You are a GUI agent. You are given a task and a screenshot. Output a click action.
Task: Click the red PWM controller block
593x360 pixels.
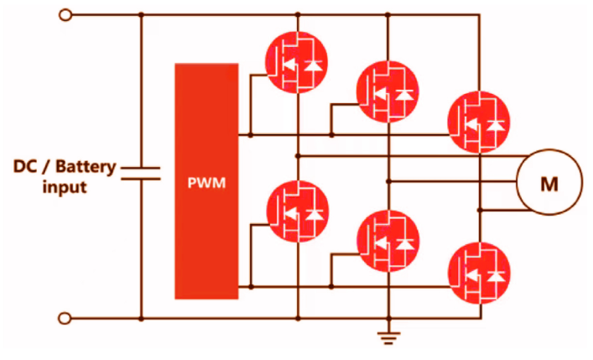pos(206,181)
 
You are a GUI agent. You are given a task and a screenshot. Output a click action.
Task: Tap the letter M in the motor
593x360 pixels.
pos(549,184)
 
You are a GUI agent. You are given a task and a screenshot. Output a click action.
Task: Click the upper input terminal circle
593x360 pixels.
pos(65,15)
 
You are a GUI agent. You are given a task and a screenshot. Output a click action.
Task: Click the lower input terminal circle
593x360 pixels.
pos(65,318)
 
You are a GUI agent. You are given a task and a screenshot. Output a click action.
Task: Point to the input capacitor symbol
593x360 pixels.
pos(141,173)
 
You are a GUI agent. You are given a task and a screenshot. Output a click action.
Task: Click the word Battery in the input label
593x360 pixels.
pos(86,166)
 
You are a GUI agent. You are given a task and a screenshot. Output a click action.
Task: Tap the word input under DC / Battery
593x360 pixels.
pos(65,187)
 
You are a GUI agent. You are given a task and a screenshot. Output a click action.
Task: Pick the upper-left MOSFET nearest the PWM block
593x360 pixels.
pos(297,62)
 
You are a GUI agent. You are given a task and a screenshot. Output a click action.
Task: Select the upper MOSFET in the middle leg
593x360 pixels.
pos(388,91)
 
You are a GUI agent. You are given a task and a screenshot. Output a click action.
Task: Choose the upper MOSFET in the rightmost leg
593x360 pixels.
pos(479,122)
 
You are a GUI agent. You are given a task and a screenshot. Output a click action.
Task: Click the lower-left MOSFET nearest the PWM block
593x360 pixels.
pos(297,211)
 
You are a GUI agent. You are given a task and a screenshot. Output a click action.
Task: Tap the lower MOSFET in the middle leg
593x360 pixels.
pos(388,241)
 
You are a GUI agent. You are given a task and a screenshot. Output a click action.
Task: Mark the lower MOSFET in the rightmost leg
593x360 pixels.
pos(479,273)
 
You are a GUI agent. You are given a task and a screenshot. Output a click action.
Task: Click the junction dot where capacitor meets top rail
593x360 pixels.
pos(141,15)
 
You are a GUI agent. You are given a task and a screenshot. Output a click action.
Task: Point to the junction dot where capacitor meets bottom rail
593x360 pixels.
pos(141,319)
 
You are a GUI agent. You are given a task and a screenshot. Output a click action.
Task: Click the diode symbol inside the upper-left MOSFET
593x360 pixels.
pos(314,65)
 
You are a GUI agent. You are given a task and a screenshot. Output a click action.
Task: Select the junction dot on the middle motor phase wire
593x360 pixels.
pos(388,181)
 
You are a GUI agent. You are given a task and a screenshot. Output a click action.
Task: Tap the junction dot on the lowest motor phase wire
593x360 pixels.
pos(479,210)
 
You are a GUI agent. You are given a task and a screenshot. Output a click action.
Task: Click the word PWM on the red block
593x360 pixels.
pos(206,183)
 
